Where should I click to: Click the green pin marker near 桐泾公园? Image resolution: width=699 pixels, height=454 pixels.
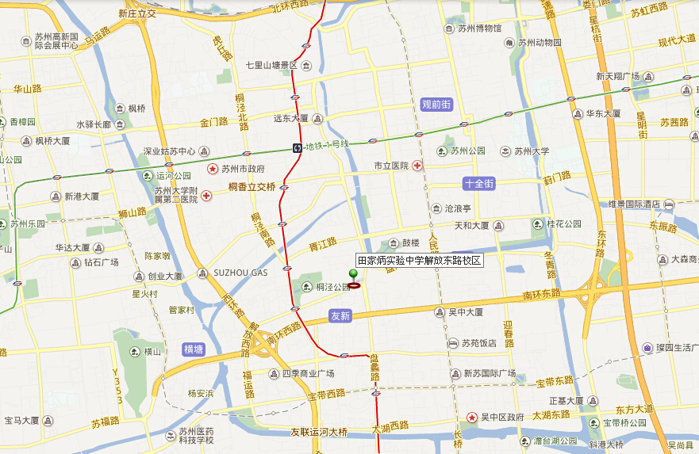point(353,275)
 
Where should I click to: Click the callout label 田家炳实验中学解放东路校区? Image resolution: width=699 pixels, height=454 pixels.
point(419,260)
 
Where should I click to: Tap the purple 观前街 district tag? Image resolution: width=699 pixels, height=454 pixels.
point(436,105)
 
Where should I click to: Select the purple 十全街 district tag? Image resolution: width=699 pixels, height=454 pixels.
point(479,183)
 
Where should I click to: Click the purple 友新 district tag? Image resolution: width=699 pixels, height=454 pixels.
point(340,316)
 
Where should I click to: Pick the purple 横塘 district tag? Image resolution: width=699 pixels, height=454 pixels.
point(193,349)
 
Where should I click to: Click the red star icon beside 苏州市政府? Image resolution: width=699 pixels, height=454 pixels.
point(213,169)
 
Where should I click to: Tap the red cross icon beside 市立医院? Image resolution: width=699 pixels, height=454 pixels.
point(417,166)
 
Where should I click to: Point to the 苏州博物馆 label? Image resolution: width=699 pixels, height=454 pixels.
point(479,29)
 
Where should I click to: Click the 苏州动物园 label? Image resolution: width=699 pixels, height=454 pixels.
point(540,43)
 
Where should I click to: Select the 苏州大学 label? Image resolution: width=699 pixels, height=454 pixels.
point(531,151)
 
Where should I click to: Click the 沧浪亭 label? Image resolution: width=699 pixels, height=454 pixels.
point(457,208)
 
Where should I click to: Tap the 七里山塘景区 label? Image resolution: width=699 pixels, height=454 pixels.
point(271,65)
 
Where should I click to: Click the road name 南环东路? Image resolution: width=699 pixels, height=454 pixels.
point(541,294)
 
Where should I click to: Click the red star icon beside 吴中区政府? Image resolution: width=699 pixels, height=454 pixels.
point(473,417)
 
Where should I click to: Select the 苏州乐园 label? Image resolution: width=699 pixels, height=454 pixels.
point(28,224)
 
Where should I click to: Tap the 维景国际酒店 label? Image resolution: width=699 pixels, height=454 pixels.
point(635,205)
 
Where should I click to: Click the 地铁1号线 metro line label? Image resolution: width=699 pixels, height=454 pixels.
point(327,145)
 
